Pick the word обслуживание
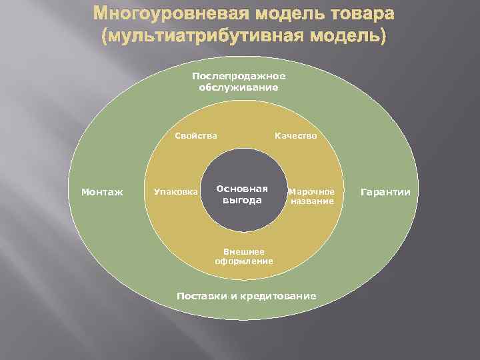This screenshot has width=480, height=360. pos(238,87)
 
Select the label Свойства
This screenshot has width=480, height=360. pos(196,136)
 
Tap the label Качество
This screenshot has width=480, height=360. pos(296,136)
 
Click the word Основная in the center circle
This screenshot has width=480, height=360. pos(242,188)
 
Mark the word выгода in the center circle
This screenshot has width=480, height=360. pos(242,200)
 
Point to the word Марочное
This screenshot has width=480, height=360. pos(311,191)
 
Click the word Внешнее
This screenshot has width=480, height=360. pos(243,251)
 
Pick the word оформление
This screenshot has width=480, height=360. pos(244,261)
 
